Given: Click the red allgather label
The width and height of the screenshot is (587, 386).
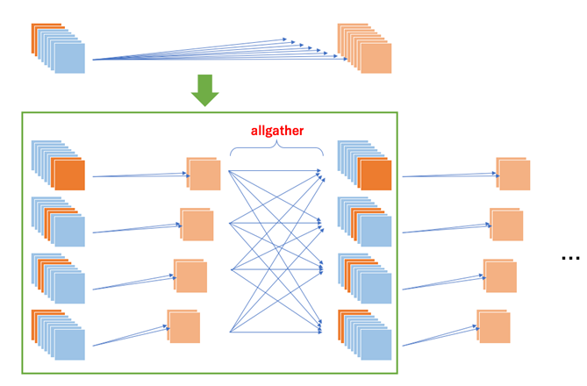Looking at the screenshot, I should point(277,130).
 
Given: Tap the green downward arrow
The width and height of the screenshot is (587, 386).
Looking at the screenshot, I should point(204,90).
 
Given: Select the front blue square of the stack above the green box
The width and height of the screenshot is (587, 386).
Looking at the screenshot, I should point(70,59).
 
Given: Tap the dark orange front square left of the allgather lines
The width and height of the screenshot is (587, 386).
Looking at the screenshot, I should point(68,175).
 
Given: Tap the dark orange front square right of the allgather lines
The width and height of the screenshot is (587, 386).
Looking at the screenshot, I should point(376,175).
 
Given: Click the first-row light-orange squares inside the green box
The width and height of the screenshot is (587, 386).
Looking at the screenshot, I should point(204,175).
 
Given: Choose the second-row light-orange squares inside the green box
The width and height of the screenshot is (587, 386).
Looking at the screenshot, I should point(197,225).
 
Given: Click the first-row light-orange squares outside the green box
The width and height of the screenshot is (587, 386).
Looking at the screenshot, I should point(513,175).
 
